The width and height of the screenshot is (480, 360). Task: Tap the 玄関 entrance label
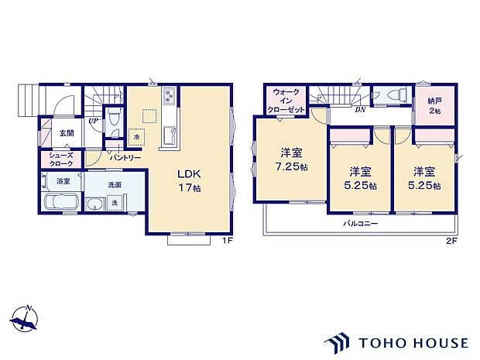tap(67, 133)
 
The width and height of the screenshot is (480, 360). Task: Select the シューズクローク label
tap(61, 159)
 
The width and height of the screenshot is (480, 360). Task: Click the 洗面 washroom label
tap(115, 185)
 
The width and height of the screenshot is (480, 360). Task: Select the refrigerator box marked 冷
tap(137, 137)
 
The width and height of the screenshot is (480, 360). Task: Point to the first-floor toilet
tap(114, 120)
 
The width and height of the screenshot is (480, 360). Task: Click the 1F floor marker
tap(228, 241)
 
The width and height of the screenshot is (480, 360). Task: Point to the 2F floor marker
tap(451, 241)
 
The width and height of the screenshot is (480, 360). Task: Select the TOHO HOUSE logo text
tap(413, 341)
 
